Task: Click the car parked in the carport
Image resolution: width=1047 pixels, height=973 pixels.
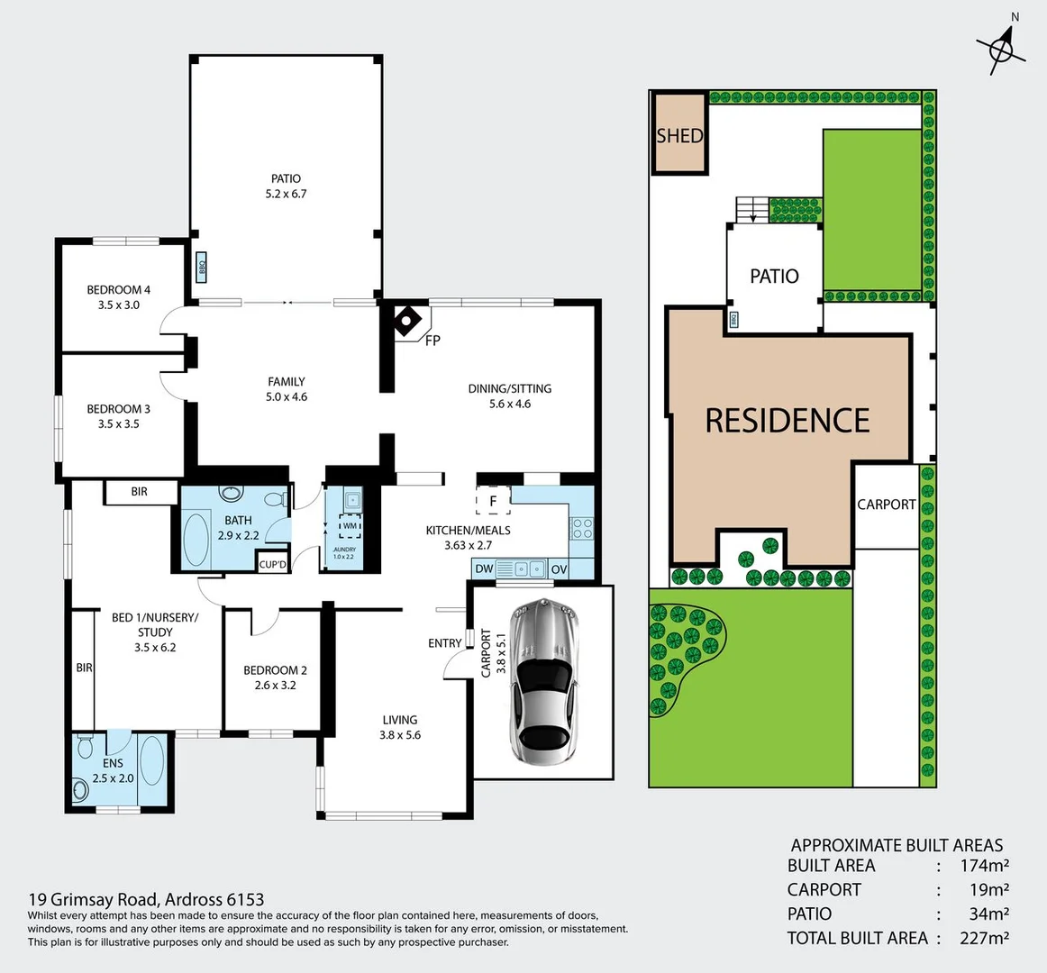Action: [542, 682]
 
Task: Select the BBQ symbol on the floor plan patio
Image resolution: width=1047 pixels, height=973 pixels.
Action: [202, 267]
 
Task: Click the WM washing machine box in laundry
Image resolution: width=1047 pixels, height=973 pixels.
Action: [350, 526]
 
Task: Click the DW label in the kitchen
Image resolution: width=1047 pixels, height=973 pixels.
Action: [484, 569]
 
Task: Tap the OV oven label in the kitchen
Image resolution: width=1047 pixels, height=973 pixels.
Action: [559, 569]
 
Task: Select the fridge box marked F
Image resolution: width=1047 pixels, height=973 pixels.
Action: [493, 501]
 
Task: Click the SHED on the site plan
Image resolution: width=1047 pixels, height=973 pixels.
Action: [679, 135]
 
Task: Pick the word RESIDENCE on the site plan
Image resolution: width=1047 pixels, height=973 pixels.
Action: [787, 421]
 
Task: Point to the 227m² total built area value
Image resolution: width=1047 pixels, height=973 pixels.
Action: [984, 938]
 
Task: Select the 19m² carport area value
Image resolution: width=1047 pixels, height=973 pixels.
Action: [988, 890]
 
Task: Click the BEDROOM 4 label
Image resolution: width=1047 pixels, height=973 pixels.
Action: [119, 290]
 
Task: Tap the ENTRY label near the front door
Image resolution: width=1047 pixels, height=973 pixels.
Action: [445, 643]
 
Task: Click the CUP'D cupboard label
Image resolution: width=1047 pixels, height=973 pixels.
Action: [272, 565]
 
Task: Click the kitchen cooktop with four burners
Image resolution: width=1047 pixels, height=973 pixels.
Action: [582, 527]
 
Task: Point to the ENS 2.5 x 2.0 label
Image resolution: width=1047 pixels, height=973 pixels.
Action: [113, 771]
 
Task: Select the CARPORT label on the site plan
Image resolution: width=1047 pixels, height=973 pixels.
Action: [886, 505]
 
